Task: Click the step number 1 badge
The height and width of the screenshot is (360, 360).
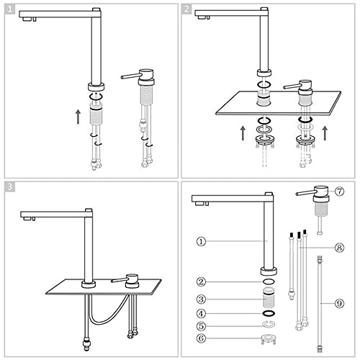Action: coord(9,9)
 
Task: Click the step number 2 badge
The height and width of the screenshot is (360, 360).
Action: coord(186,9)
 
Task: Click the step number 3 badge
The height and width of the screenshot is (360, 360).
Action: coord(9,186)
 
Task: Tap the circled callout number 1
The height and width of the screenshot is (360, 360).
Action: coord(201,241)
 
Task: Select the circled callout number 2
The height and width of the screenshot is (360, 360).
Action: coord(201,282)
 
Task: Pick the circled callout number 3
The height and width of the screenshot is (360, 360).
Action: coord(201,300)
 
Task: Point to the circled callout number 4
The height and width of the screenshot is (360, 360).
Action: coord(201,313)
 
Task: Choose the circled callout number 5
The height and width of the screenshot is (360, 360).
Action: coord(201,326)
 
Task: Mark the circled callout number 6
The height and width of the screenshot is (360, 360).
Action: coord(201,338)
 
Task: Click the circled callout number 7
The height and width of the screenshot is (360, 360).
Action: coord(339,192)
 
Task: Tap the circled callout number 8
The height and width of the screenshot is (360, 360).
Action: coord(339,248)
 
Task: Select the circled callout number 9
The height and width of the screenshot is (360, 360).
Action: coord(339,304)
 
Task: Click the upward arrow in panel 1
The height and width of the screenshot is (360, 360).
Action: coord(78,117)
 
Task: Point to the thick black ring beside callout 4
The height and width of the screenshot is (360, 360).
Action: coord(269,313)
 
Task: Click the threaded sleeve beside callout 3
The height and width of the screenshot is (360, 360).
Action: coord(269,297)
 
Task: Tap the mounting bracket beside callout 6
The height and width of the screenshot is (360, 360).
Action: coord(269,339)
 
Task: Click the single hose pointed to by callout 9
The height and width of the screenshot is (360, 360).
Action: coord(320,304)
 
